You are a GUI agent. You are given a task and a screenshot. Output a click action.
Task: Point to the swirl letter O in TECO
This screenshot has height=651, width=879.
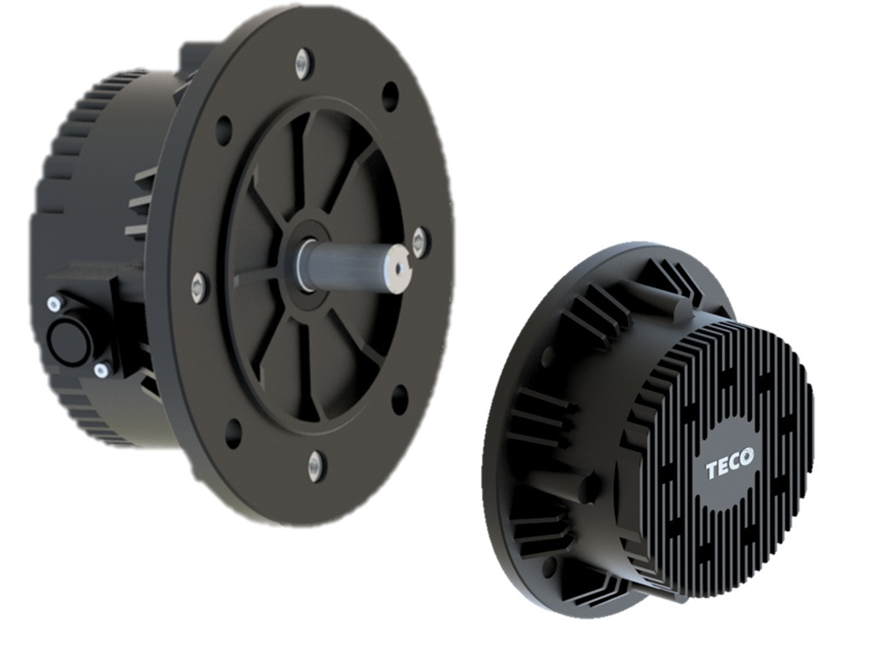pos(746,457)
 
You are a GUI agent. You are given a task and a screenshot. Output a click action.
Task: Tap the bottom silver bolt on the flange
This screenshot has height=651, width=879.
pos(315,464)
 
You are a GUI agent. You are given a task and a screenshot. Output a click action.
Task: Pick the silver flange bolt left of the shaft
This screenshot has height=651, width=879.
pos(200,286)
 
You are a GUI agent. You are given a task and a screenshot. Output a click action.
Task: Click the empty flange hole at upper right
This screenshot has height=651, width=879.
pos(390,95)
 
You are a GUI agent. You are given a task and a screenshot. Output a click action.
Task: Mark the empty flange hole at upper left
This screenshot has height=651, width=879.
pos(223,130)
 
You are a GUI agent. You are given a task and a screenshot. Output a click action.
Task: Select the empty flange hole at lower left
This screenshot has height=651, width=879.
pos(233,432)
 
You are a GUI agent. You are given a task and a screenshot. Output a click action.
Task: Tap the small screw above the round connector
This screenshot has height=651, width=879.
pos(55,302)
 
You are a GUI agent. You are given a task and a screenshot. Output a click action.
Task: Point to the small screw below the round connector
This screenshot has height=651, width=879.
pos(101,369)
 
